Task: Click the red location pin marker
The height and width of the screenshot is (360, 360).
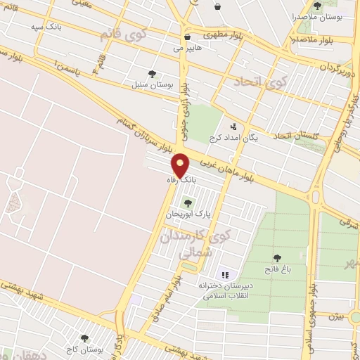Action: pyautogui.click(x=181, y=165)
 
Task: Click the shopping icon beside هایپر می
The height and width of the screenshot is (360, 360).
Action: pyautogui.click(x=187, y=37)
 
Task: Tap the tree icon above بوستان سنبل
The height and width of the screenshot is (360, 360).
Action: pyautogui.click(x=153, y=73)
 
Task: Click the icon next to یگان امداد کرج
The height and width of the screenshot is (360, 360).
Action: pyautogui.click(x=234, y=126)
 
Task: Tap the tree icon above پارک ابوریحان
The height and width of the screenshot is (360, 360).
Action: pyautogui.click(x=186, y=203)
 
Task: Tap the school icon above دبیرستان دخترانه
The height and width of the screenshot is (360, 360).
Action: pyautogui.click(x=226, y=274)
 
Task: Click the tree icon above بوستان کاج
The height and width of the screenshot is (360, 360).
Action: pyautogui.click(x=85, y=338)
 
